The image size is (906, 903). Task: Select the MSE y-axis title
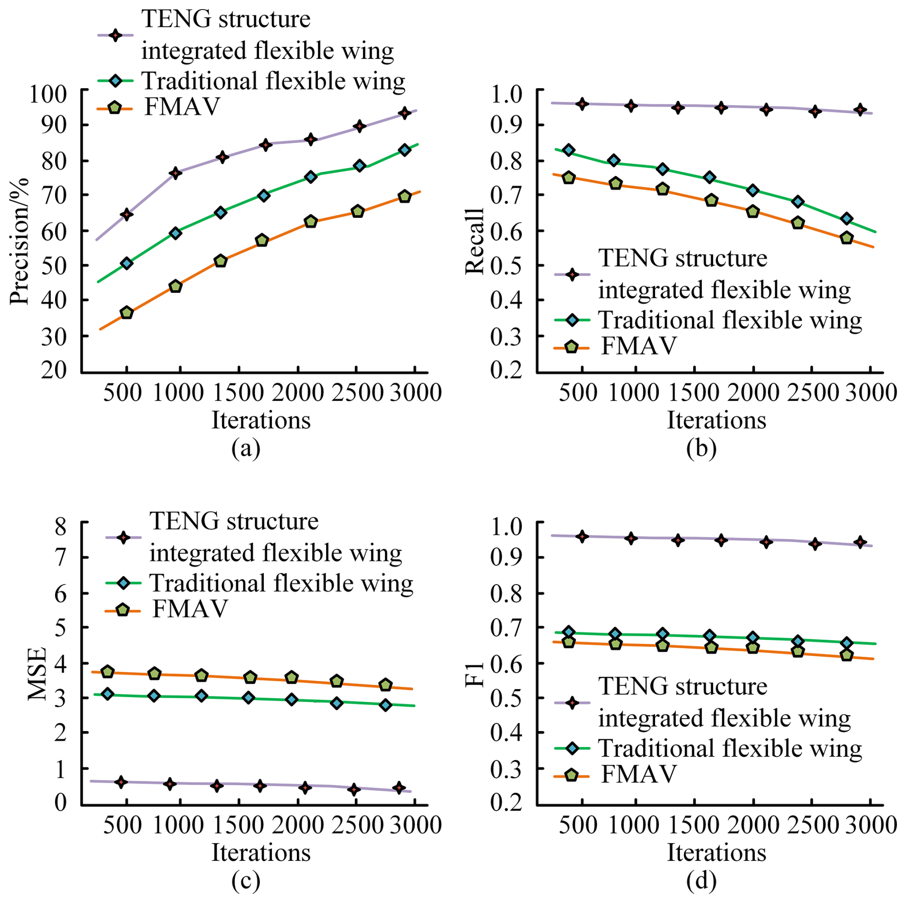click(x=37, y=674)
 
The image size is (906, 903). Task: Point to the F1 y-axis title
click(x=475, y=674)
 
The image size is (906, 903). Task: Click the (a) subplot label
click(x=246, y=449)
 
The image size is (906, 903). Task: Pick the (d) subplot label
click(x=701, y=881)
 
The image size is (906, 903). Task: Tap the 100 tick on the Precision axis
click(x=48, y=93)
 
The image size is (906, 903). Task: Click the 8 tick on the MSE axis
click(x=61, y=527)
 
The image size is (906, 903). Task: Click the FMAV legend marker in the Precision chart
click(x=114, y=107)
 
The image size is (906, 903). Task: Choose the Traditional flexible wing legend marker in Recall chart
click(x=572, y=320)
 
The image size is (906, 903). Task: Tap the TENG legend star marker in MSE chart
click(x=124, y=538)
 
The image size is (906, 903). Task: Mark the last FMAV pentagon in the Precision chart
click(x=405, y=196)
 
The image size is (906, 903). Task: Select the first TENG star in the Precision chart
click(x=126, y=214)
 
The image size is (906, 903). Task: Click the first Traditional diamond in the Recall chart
click(x=568, y=150)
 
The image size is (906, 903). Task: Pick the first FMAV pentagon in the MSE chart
click(x=108, y=672)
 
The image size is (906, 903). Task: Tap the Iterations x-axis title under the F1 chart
click(x=716, y=853)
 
